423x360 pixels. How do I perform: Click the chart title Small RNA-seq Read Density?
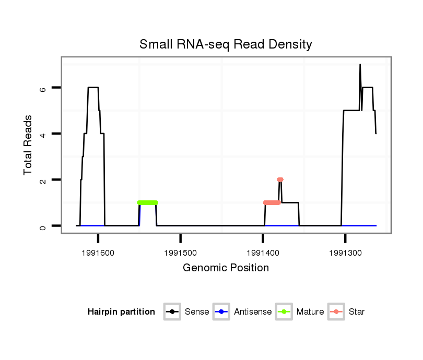pos(226,44)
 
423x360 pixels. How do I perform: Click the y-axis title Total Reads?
pos(28,145)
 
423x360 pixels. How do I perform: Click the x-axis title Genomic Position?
pos(226,268)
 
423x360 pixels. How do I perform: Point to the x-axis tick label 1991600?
pos(98,253)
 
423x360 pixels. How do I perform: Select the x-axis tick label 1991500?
pos(180,253)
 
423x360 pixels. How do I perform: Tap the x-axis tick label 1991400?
pos(263,253)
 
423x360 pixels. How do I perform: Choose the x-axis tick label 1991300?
pos(345,253)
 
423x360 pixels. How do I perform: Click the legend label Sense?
pos(197,312)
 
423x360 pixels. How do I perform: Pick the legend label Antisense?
pos(253,312)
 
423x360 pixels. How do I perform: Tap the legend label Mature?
pos(310,312)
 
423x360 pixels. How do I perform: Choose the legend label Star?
pos(357,312)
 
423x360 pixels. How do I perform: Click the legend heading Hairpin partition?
pos(121,312)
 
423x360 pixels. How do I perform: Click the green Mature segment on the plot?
pos(147,202)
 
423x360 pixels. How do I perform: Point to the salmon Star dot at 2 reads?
pos(280,179)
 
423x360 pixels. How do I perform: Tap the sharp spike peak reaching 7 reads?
pos(360,65)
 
